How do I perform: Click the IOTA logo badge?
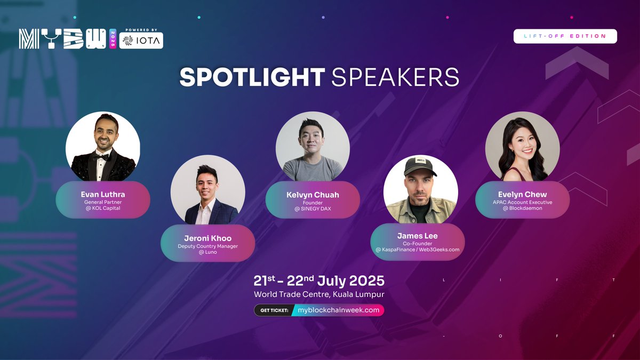click(141, 41)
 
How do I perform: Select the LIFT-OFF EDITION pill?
click(565, 36)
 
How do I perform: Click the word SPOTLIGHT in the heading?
click(252, 77)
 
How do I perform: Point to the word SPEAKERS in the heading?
click(395, 77)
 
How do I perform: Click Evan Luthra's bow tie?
click(101, 157)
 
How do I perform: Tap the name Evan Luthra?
click(103, 194)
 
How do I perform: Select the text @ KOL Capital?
click(103, 209)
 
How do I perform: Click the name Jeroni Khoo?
click(207, 238)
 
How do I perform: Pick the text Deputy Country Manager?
click(207, 246)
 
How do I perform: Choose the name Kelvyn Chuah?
click(313, 195)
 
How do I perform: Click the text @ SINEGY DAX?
click(313, 209)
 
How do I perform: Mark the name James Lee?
click(418, 235)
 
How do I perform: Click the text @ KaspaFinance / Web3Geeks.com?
click(418, 250)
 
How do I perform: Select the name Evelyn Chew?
click(523, 194)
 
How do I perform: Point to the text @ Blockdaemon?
click(523, 209)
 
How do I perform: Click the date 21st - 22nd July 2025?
click(319, 281)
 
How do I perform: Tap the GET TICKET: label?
click(274, 310)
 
